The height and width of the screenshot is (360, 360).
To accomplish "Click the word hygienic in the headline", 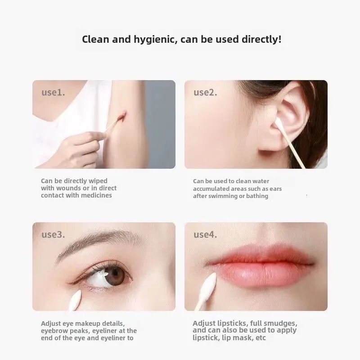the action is (x=156, y=40).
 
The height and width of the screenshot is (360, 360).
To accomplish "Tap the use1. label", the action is (x=53, y=92).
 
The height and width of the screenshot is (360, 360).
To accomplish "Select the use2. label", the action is (x=205, y=92).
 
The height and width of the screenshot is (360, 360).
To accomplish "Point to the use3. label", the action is (x=53, y=234).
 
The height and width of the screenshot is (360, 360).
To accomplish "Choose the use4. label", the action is (x=205, y=234).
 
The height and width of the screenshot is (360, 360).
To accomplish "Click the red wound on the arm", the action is (x=122, y=116).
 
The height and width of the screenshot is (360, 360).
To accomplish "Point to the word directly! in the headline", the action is (x=262, y=40).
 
